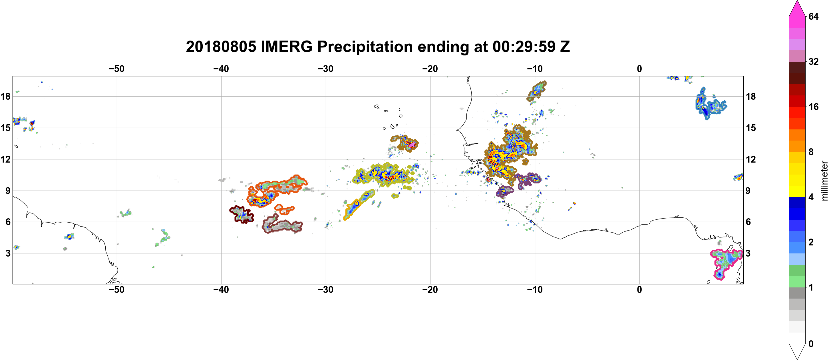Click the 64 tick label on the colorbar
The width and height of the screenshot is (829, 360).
814,16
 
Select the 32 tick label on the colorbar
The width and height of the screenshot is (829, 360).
814,61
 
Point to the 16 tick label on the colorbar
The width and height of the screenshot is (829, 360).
814,107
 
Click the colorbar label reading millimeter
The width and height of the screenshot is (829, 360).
824,181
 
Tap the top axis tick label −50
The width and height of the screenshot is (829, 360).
116,69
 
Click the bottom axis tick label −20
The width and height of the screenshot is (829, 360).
430,289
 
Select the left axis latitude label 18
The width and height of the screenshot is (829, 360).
5,96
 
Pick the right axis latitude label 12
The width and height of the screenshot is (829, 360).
751,159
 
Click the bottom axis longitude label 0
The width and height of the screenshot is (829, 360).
639,289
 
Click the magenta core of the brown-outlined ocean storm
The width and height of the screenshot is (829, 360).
411,145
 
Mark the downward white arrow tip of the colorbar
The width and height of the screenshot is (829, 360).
797,359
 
